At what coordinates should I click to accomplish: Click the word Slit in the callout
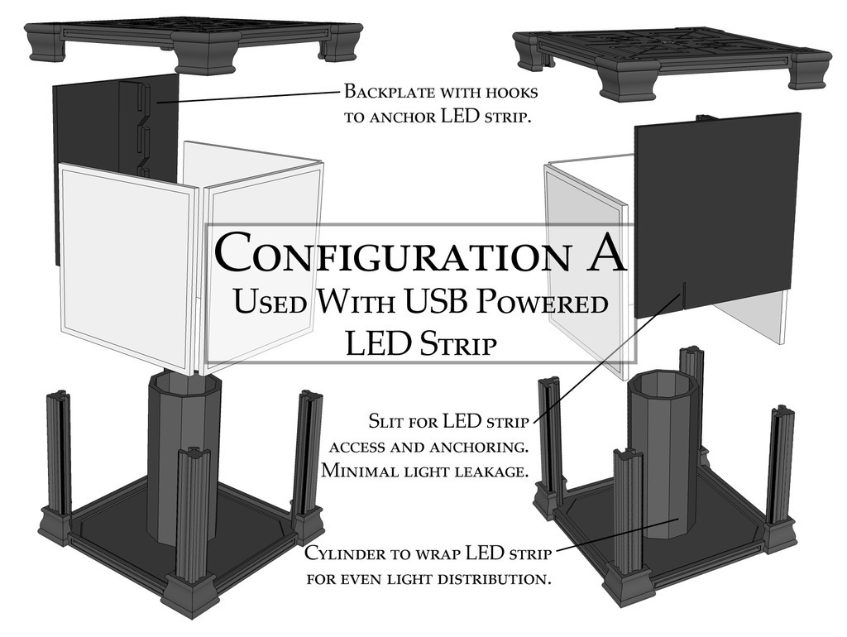tap(385, 421)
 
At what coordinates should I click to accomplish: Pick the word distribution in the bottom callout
tap(490, 579)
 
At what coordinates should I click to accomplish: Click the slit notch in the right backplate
tap(683, 295)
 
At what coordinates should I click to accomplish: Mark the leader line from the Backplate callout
tap(248, 97)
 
